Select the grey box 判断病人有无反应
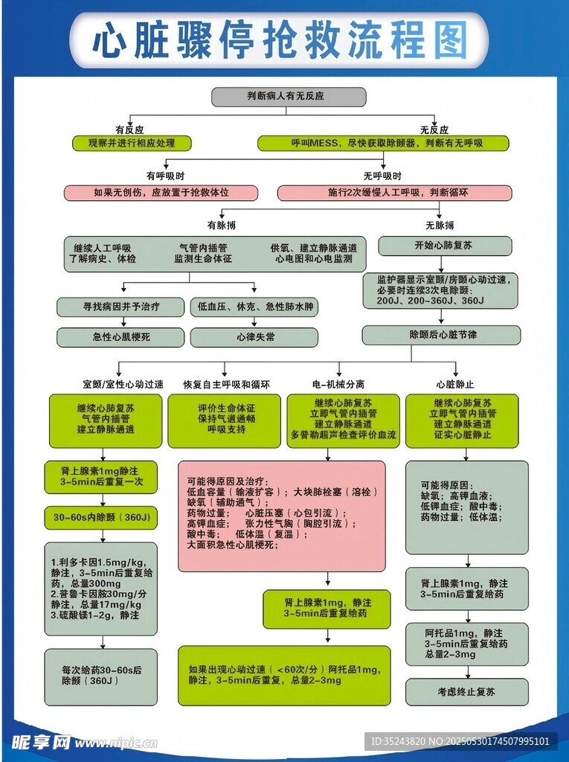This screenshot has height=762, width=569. pyautogui.click(x=289, y=97)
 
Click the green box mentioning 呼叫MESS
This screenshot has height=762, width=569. pyautogui.click(x=383, y=143)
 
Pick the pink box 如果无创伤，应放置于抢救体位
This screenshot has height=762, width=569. pyautogui.click(x=161, y=193)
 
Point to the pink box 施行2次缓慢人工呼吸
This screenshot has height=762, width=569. pyautogui.click(x=394, y=193)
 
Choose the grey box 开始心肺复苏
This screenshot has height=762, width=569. pyautogui.click(x=445, y=246)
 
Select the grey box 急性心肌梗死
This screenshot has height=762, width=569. pyautogui.click(x=120, y=337)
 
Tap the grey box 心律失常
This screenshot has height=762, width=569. pyautogui.click(x=254, y=337)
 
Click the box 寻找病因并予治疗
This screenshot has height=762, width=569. pyautogui.click(x=120, y=307)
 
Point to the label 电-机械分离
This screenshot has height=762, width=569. pyautogui.click(x=338, y=385)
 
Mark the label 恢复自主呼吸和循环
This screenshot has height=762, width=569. pyautogui.click(x=227, y=385)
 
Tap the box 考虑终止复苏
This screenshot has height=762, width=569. pyautogui.click(x=466, y=691)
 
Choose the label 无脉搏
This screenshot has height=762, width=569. pyautogui.click(x=440, y=225)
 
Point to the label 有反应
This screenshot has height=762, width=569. pyautogui.click(x=129, y=129)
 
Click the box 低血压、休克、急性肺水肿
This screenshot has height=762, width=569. pyautogui.click(x=254, y=307)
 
